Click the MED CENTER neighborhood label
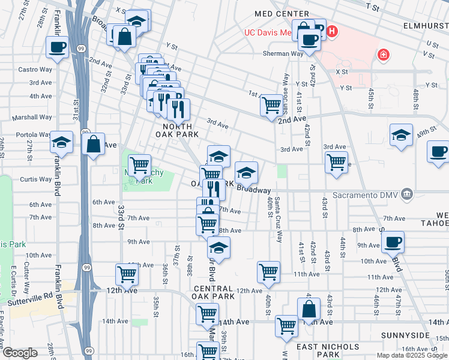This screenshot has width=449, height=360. coord(282,14)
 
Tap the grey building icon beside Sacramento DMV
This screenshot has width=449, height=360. coord(407,193)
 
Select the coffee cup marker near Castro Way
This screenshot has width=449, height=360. coord(58,47)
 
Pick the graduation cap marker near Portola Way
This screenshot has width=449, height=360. coord(62,142)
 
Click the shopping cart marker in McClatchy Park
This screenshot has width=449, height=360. coord(139,164)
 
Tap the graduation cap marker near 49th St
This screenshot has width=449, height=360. coord(401,135)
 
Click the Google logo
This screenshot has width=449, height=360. coord(20,352)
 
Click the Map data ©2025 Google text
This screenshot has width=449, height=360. coord(411,355)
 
